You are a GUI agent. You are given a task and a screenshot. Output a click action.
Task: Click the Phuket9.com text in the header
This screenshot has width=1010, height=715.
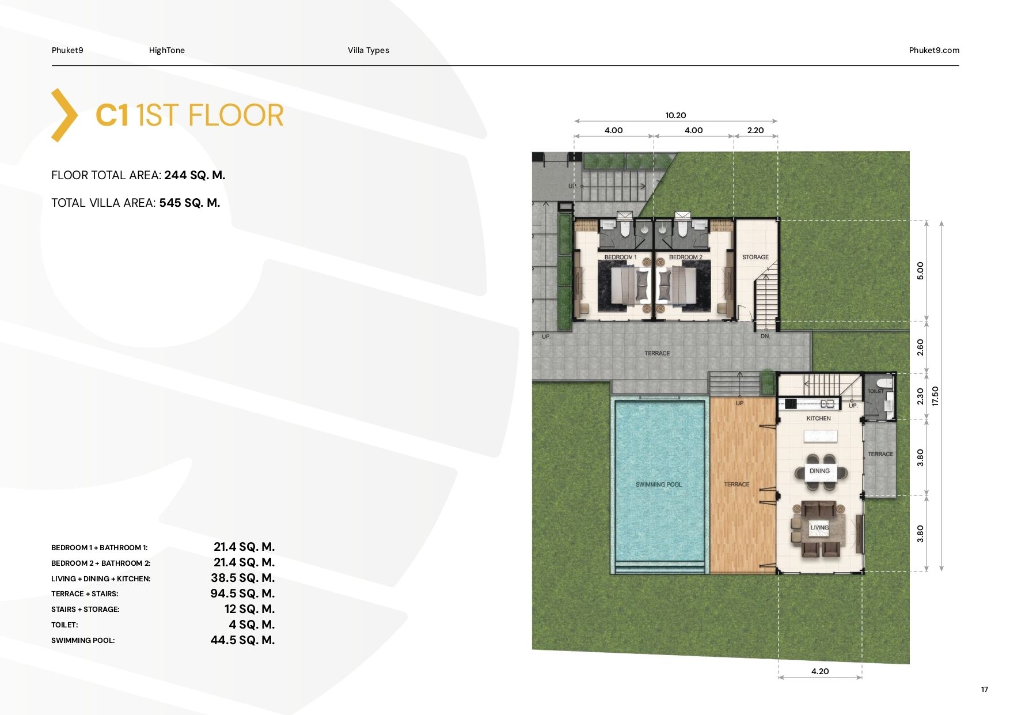pyautogui.click(x=934, y=50)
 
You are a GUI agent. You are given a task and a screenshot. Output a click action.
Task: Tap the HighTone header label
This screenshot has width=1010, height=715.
pyautogui.click(x=167, y=50)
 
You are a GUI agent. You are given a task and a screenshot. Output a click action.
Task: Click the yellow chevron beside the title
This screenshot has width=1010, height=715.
pyautogui.click(x=64, y=115)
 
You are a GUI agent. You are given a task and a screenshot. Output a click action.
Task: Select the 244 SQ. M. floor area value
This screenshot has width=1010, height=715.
pyautogui.click(x=195, y=175)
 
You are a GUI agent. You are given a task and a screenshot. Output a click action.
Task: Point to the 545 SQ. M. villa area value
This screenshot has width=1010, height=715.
pyautogui.click(x=190, y=203)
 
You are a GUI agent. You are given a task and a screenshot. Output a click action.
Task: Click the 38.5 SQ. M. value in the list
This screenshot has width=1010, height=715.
pyautogui.click(x=243, y=578)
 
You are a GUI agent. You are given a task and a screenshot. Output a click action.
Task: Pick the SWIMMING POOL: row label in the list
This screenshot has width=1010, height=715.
pyautogui.click(x=83, y=640)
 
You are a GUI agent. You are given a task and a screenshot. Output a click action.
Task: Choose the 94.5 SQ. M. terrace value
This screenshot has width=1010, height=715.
pyautogui.click(x=242, y=593)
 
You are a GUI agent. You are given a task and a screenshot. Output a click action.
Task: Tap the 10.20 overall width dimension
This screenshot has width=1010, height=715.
pyautogui.click(x=676, y=115)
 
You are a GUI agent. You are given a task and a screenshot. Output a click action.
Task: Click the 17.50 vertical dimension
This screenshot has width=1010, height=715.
pyautogui.click(x=935, y=396)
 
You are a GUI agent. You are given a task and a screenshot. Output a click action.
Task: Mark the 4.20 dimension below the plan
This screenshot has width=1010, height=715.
pyautogui.click(x=820, y=671)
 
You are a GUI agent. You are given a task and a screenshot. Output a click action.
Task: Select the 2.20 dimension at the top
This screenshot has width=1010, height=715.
pyautogui.click(x=755, y=130)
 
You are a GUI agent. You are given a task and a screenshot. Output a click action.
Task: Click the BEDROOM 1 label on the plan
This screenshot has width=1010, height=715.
pyautogui.click(x=621, y=257)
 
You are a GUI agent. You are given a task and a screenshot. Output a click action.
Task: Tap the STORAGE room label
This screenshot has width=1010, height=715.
pyautogui.click(x=755, y=257)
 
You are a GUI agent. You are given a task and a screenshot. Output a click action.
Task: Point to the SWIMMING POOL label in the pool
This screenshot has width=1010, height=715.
pyautogui.click(x=659, y=485)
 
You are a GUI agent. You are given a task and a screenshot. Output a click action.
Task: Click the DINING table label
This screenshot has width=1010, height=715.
pyautogui.click(x=820, y=471)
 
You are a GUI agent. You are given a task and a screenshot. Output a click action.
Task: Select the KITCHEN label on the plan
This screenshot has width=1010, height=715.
pyautogui.click(x=819, y=418)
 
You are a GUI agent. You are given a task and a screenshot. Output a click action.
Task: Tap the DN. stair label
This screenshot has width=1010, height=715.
pyautogui.click(x=765, y=336)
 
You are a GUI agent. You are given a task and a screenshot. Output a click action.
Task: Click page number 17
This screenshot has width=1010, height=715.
pyautogui.click(x=985, y=690)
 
